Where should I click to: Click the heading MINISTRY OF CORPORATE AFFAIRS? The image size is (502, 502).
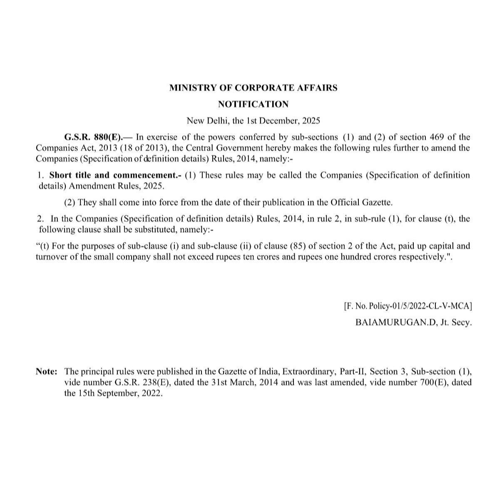(x=253, y=88)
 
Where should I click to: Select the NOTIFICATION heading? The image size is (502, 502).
(x=253, y=104)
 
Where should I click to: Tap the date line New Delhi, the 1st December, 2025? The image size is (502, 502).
(x=253, y=121)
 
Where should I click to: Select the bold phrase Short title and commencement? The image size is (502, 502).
(x=115, y=175)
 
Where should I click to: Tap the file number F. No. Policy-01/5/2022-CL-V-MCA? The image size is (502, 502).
(x=408, y=306)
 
